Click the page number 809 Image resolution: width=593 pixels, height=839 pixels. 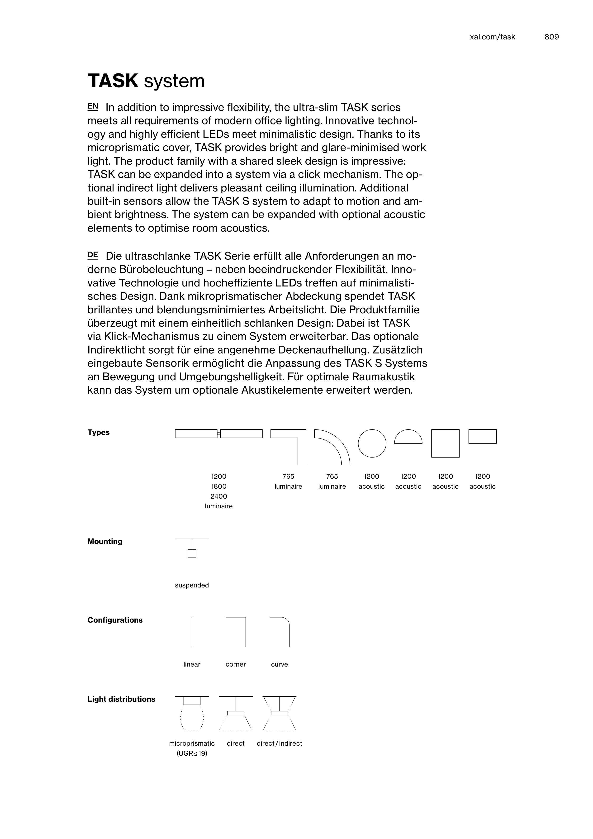[551, 37]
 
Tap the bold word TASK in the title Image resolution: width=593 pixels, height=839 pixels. [113, 81]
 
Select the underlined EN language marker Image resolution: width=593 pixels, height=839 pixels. [93, 106]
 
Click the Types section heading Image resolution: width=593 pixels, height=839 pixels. [99, 433]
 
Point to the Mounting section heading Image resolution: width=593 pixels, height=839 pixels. [105, 542]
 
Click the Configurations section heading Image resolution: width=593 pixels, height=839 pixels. [115, 620]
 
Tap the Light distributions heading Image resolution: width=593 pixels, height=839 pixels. [121, 699]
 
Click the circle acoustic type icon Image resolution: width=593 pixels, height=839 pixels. [372, 443]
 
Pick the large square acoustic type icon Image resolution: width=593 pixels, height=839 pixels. [445, 443]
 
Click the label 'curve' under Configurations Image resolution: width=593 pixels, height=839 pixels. [280, 664]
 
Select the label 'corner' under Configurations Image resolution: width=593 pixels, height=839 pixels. [236, 664]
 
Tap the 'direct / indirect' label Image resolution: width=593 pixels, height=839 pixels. [280, 743]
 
